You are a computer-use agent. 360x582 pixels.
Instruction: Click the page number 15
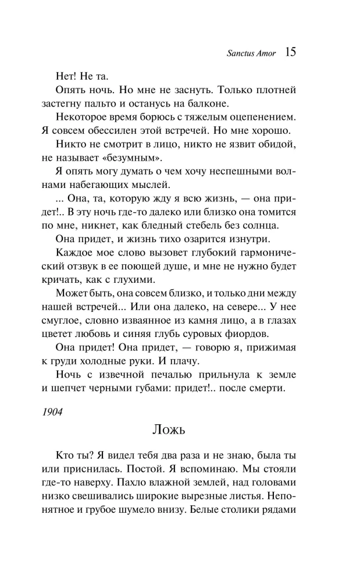(x=291, y=53)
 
